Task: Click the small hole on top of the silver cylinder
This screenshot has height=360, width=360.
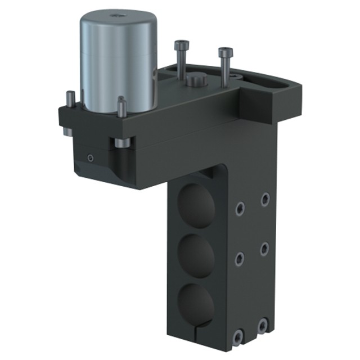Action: coord(118,15)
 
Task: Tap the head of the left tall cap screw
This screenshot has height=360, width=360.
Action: coord(181,45)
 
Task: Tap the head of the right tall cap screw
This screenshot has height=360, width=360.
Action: coord(225,52)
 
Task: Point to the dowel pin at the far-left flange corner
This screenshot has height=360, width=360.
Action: coord(70,97)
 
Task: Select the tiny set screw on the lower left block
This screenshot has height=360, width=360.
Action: coord(89,158)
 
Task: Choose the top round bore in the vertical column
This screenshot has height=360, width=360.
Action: coord(196,205)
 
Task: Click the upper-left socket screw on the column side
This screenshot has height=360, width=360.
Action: coord(240,209)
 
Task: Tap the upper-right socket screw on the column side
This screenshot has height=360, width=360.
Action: coord(264,199)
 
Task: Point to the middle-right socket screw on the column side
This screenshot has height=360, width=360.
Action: coord(264,248)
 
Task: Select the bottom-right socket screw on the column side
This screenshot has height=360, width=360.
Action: coord(263,326)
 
